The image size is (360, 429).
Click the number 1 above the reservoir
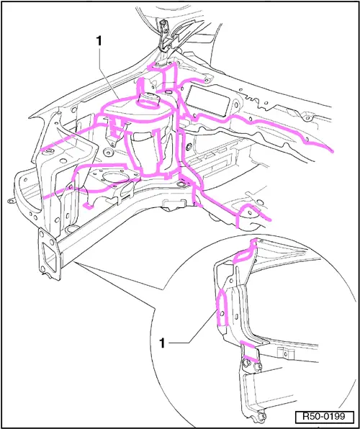point(99,41)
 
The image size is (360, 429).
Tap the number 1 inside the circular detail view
point(163,343)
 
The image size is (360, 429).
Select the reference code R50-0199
point(324,417)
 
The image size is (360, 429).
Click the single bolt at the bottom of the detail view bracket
point(261,417)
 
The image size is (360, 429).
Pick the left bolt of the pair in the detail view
point(245,363)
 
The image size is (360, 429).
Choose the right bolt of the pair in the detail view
point(257,367)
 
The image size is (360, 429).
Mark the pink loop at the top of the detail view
point(246,252)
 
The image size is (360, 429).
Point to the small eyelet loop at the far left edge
point(11,202)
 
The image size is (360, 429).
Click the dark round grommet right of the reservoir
point(189,148)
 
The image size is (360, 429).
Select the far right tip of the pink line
point(333,152)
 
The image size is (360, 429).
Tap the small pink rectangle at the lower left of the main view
point(88,206)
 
